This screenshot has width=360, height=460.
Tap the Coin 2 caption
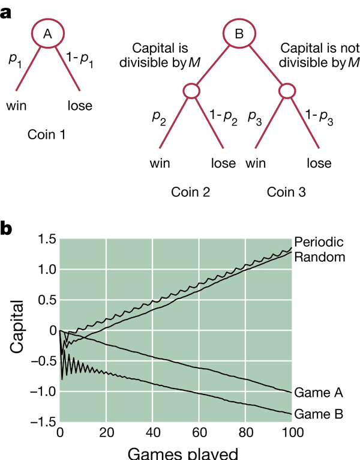pyautogui.click(x=191, y=192)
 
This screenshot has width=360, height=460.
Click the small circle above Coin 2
pyautogui.click(x=191, y=91)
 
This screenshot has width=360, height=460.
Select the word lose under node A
pyautogui.click(x=80, y=106)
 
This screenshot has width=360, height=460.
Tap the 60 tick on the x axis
pyautogui.click(x=199, y=433)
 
